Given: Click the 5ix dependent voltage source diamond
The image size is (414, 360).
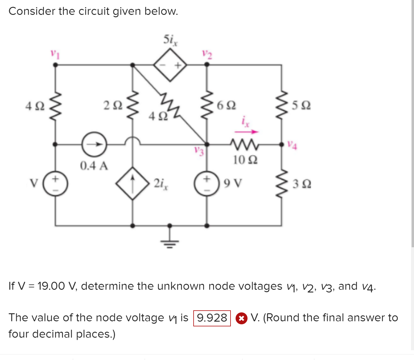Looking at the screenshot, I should tap(170, 65).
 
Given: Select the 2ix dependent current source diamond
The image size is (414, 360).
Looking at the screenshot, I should tap(133, 183).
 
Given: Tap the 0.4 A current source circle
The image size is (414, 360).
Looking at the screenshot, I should tap(94, 144).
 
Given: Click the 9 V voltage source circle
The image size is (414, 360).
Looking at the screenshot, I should tap(207, 183).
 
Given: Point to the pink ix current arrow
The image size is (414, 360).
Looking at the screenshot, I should tap(246, 132).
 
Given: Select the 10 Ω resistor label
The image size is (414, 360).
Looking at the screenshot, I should tap(245, 160).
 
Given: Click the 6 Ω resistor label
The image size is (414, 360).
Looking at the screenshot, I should tap(226, 105).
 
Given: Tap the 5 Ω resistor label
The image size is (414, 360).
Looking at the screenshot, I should tap(301, 105).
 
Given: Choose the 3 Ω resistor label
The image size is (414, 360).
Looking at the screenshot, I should tap(302, 184).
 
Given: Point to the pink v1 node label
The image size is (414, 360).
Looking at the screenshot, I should tap(55, 54).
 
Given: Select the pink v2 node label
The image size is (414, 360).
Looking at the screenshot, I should tap(207, 54).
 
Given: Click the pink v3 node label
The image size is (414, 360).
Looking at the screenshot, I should tap(199, 151).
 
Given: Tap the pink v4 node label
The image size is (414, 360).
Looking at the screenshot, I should tap(292, 145).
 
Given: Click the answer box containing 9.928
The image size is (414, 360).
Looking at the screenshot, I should tap(212, 318).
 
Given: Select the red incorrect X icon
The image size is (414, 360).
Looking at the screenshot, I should tap(241, 318).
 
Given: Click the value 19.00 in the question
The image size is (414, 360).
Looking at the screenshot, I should tap(51, 286).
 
